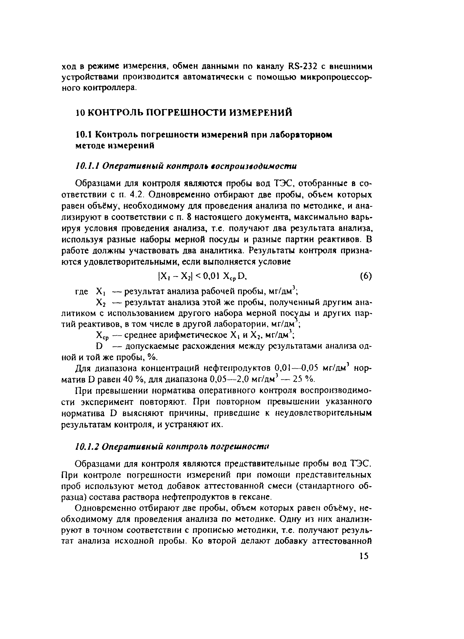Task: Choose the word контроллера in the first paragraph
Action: (x=111, y=88)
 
